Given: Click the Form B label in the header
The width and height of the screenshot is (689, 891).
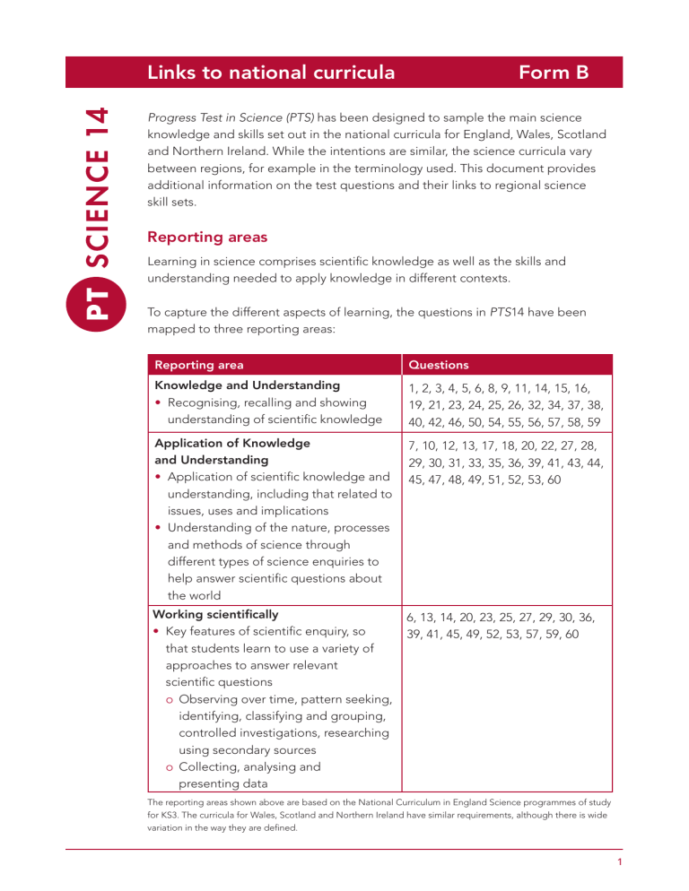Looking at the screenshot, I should coord(554,73).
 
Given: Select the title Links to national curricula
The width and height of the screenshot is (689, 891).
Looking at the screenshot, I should coord(271,73).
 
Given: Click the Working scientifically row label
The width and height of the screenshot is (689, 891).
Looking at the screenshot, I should coord(215,614).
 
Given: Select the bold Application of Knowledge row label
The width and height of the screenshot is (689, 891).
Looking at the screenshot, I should coord(231,443).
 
